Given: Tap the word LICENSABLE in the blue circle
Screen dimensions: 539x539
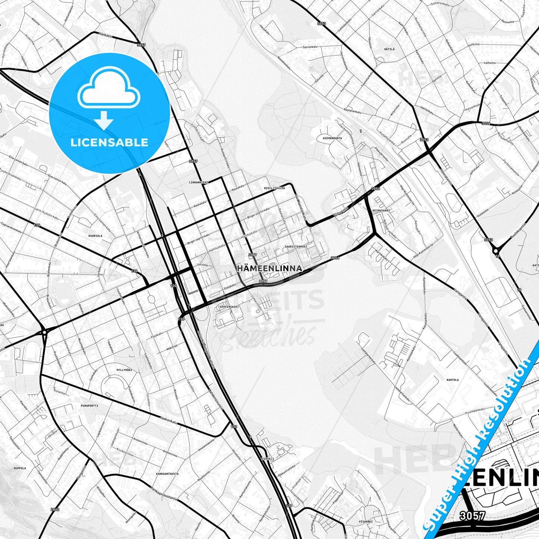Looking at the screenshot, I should click(x=109, y=142).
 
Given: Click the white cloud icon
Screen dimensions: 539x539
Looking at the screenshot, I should click(x=109, y=90).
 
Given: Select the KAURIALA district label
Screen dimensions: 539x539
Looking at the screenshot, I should click(x=95, y=236).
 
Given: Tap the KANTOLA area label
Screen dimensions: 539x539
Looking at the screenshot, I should click(x=452, y=380).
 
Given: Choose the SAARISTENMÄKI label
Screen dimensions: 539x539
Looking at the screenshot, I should click(x=296, y=247).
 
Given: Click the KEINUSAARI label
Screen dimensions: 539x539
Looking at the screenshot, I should click(x=380, y=210).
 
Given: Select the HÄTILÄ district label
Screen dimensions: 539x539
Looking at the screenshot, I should click(x=389, y=49).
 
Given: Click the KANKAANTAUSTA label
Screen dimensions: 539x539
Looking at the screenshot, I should click(x=167, y=474).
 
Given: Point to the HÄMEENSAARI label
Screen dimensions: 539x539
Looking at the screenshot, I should click(x=229, y=307).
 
